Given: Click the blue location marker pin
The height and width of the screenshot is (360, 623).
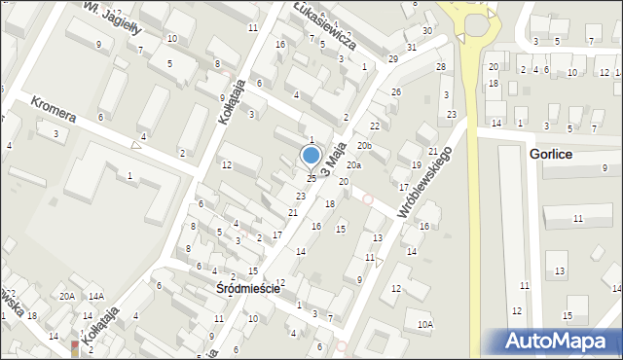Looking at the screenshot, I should pyautogui.click(x=311, y=156).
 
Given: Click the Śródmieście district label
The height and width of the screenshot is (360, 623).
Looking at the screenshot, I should pyautogui.click(x=248, y=289).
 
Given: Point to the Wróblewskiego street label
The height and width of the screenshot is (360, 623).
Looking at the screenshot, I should pyautogui.click(x=425, y=182).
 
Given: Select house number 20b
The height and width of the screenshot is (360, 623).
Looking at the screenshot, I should pyautogui.click(x=364, y=146).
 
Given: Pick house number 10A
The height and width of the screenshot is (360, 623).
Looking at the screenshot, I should pyautogui.click(x=424, y=325).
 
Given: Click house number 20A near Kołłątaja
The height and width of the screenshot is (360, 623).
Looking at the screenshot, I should pyautogui.click(x=66, y=297).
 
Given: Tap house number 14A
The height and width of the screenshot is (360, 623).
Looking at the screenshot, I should pyautogui.click(x=95, y=297).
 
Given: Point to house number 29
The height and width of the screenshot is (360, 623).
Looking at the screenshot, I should pyautogui.click(x=392, y=59).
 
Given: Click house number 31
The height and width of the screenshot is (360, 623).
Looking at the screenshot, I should pyautogui.click(x=412, y=47).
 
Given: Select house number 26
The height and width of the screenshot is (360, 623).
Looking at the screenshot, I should pyautogui.click(x=395, y=91).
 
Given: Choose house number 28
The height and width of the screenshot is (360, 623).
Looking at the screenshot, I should pyautogui.click(x=440, y=66).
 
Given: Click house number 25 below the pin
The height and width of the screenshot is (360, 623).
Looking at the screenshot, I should pyautogui.click(x=311, y=178).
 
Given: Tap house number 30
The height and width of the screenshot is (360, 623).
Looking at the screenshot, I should pyautogui.click(x=427, y=31).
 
